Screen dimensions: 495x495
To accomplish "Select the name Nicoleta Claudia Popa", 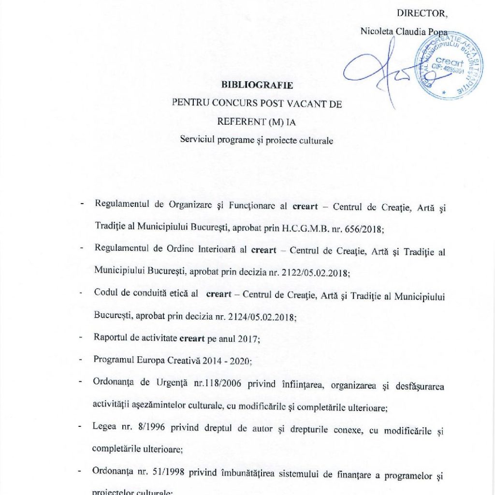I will tap(396, 31).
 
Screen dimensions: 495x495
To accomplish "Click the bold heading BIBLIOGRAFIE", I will tap(257, 85).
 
